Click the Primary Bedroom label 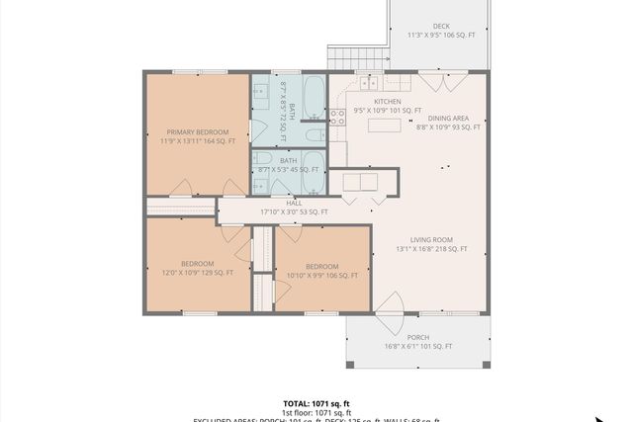(198, 131)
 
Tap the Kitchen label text (388, 102)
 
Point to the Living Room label (432, 239)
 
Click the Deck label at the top (441, 27)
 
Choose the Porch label (417, 337)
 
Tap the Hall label (294, 203)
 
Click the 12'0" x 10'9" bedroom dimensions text (198, 273)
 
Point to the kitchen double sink (359, 182)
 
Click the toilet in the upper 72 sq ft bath (313, 135)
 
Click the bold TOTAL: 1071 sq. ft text (316, 403)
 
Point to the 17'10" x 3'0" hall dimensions (294, 211)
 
